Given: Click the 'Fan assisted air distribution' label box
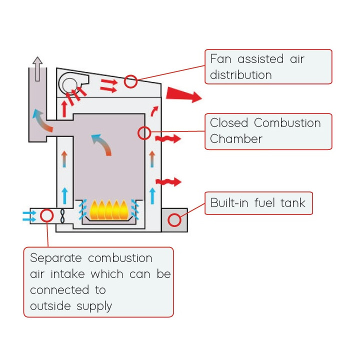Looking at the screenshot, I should click(x=268, y=66).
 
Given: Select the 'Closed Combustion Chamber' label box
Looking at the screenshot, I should click(x=268, y=131).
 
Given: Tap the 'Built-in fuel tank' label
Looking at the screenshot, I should click(x=258, y=203).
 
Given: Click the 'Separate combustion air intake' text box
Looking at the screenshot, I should click(x=98, y=282).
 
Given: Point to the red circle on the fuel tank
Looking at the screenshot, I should click(x=174, y=219).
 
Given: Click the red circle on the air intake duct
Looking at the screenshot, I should click(x=46, y=215).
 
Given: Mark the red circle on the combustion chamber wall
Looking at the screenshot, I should click(x=144, y=133).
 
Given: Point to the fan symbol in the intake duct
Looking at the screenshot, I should click(x=62, y=216).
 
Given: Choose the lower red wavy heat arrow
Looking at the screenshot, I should click(x=167, y=181).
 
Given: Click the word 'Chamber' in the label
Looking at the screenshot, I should click(x=236, y=139).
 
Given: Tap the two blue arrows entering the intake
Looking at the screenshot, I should click(x=29, y=216).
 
